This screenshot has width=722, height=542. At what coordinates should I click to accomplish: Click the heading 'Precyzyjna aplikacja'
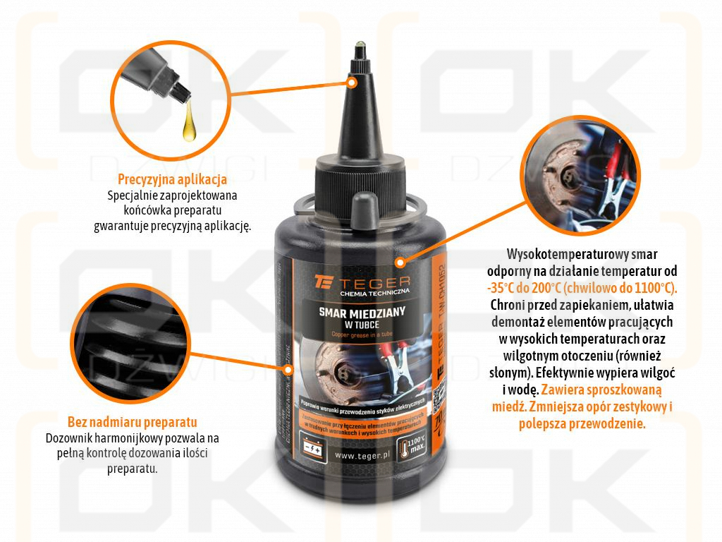[x=172, y=179]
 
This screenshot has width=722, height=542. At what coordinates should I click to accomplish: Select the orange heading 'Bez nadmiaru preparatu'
[x=132, y=423]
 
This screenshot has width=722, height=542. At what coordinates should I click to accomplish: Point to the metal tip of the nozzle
[x=360, y=50]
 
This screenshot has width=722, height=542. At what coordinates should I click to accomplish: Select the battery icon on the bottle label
[x=314, y=447]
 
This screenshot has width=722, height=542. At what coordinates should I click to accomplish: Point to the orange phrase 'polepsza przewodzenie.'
[x=582, y=423]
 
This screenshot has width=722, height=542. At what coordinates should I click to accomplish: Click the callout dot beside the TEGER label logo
[x=399, y=263]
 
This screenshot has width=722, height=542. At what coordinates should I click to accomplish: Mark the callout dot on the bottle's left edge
[x=287, y=368]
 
